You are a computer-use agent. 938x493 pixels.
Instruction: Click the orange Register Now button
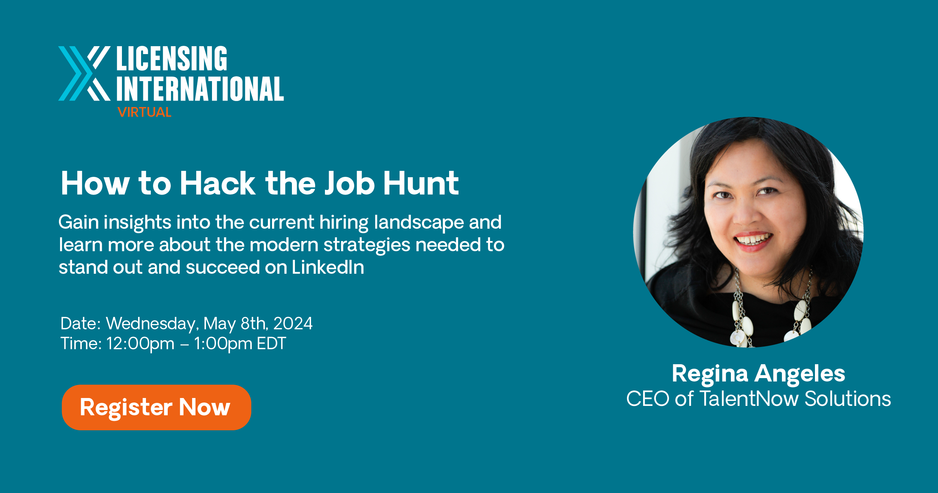point(156,407)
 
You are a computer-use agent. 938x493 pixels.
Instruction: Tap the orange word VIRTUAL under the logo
point(144,112)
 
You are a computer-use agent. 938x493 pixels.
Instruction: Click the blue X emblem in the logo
point(84,74)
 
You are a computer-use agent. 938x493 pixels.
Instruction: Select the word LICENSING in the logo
point(172,59)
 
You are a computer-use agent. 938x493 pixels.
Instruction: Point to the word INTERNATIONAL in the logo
point(200,89)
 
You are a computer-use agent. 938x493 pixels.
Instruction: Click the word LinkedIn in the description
point(328,267)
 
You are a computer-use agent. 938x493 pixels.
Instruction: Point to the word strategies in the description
point(367,246)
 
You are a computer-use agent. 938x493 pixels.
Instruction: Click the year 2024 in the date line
point(293,324)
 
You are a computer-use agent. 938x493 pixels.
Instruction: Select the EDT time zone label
point(271,344)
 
